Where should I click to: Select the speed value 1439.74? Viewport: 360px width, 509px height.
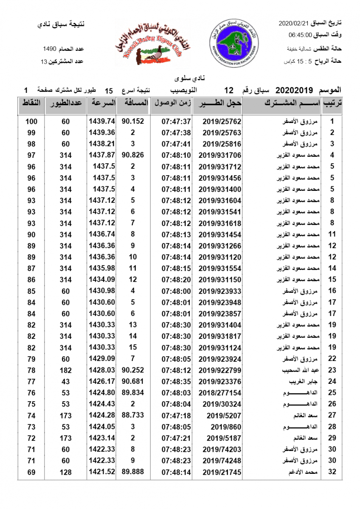pyautogui.click(x=102, y=122)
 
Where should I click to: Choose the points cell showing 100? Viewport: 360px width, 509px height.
pyautogui.click(x=31, y=122)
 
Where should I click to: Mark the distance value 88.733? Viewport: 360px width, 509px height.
pyautogui.click(x=133, y=415)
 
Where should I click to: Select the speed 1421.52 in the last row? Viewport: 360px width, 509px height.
pyautogui.click(x=102, y=472)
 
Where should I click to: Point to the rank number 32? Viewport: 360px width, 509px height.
pyautogui.click(x=332, y=472)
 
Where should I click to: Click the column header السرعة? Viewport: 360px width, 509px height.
pyautogui.click(x=101, y=103)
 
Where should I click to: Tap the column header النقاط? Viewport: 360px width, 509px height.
pyautogui.click(x=31, y=103)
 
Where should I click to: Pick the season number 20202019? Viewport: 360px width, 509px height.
pyautogui.click(x=294, y=90)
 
